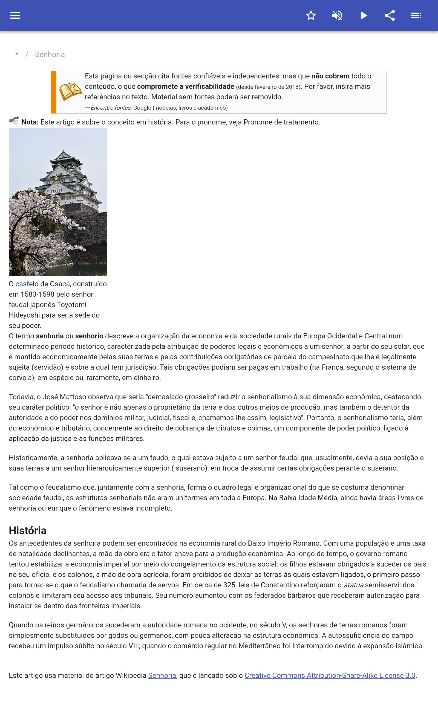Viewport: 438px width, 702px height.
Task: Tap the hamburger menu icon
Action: pyautogui.click(x=15, y=15)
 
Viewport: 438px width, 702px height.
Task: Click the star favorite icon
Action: pyautogui.click(x=311, y=15)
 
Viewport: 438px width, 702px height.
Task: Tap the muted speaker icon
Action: pyautogui.click(x=337, y=15)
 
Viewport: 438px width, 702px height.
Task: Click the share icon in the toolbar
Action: pyautogui.click(x=390, y=15)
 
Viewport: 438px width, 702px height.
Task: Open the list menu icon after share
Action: pyautogui.click(x=416, y=15)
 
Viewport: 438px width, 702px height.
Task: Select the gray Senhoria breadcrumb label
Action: pyautogui.click(x=50, y=55)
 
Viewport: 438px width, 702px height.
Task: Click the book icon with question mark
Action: pyautogui.click(x=70, y=91)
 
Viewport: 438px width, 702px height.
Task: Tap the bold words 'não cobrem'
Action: pyautogui.click(x=330, y=76)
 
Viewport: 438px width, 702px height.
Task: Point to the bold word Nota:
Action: pyautogui.click(x=30, y=122)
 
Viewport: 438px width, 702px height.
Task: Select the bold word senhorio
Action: pyautogui.click(x=89, y=336)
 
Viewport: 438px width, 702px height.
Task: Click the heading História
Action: pyautogui.click(x=28, y=531)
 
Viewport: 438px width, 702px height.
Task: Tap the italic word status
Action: pyautogui.click(x=353, y=585)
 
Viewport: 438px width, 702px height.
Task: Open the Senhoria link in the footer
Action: pyautogui.click(x=162, y=675)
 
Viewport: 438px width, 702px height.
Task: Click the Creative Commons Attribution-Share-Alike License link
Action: pyautogui.click(x=330, y=675)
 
